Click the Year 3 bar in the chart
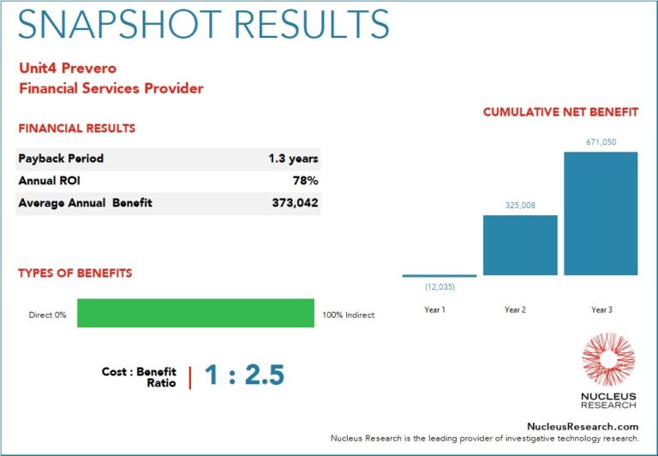point(601,213)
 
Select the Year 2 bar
point(520,245)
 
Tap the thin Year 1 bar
point(440,276)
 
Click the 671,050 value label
point(601,142)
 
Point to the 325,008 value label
point(520,206)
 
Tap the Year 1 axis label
point(435,309)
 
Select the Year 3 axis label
point(601,309)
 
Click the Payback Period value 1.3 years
point(293,159)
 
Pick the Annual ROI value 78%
point(307,181)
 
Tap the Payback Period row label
point(61,159)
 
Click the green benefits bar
point(195,313)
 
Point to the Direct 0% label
point(47,315)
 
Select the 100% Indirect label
point(348,315)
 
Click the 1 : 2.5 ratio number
point(244,376)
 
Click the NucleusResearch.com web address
point(582,426)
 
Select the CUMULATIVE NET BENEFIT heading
point(560,112)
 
